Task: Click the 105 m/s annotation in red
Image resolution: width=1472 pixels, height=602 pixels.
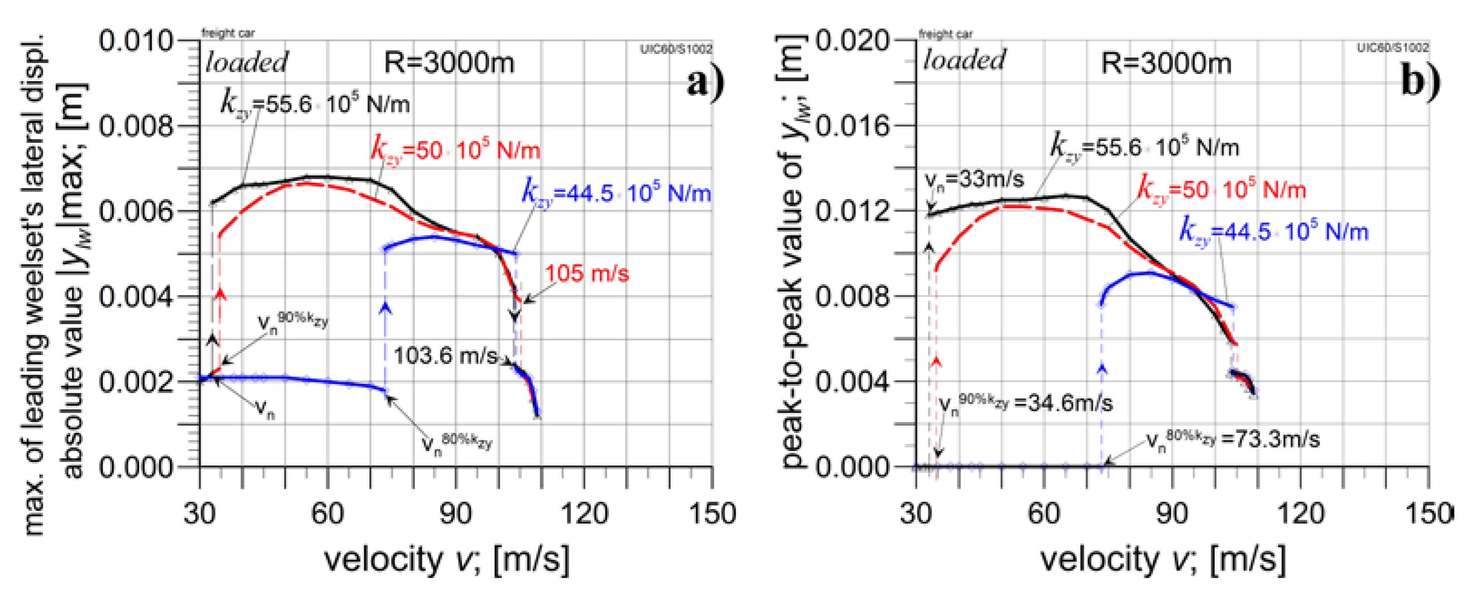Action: [x=586, y=274]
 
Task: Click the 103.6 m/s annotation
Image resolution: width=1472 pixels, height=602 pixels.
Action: [x=445, y=356]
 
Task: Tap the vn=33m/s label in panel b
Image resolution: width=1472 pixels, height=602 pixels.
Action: [x=974, y=180]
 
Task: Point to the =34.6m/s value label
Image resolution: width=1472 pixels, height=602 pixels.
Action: [x=1063, y=403]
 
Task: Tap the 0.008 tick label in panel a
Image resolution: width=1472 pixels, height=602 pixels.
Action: [x=136, y=126]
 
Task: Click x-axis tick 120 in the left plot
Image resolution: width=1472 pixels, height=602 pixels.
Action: [x=584, y=513]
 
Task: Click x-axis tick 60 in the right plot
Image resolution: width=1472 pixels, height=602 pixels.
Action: [x=1043, y=513]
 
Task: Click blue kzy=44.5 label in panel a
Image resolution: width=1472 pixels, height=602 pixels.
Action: [x=616, y=193]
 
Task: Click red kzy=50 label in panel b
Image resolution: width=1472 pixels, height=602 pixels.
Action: [x=1221, y=189]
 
